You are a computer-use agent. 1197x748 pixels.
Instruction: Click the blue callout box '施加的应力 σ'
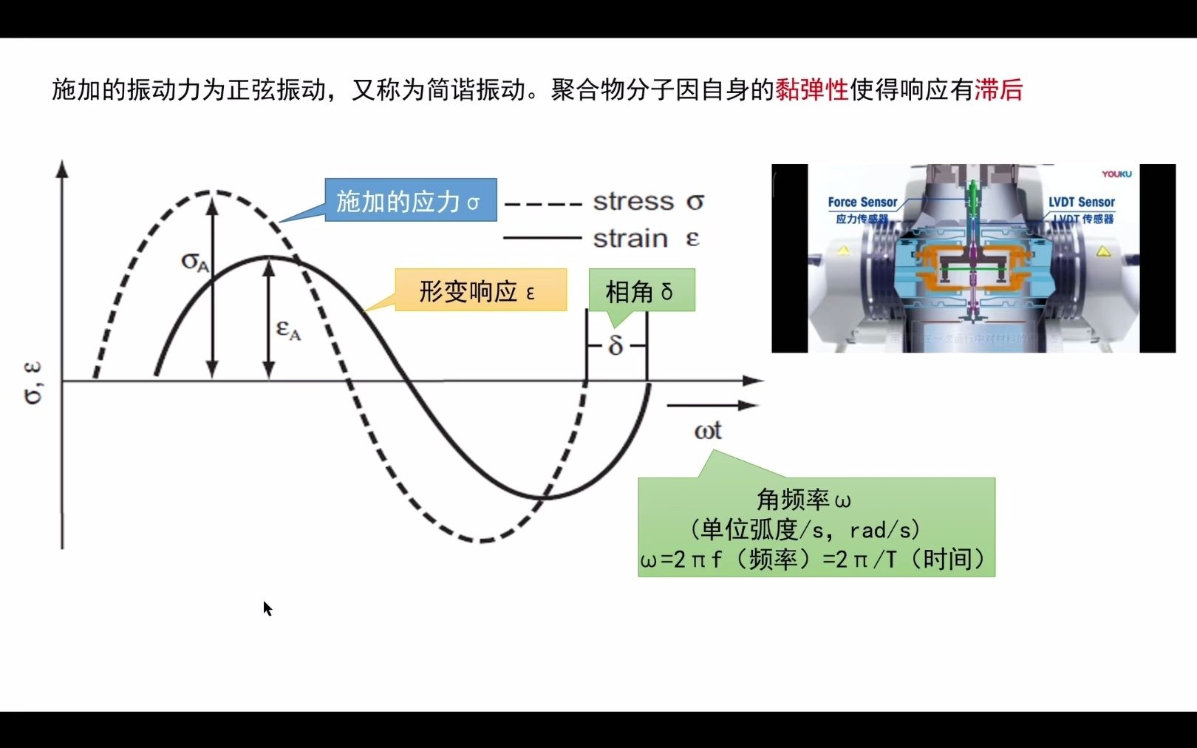[x=410, y=200]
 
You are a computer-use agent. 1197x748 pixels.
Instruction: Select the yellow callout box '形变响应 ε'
[x=480, y=290]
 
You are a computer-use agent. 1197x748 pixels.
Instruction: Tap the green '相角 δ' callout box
[x=641, y=290]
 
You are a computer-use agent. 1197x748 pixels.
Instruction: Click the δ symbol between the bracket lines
[x=615, y=345]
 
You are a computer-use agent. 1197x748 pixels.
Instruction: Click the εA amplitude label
[x=288, y=330]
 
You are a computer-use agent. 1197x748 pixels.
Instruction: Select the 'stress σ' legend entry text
[x=648, y=201]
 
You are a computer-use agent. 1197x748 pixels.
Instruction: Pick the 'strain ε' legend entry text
[x=645, y=239]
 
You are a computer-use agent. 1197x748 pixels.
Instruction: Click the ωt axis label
[x=707, y=431]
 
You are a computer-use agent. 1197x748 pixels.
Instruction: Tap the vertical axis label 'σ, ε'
[x=33, y=383]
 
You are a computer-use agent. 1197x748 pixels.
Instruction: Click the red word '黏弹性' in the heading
[x=811, y=90]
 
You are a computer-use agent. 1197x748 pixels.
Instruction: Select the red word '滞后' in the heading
[x=998, y=90]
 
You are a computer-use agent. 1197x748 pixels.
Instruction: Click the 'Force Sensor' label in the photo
[x=862, y=202]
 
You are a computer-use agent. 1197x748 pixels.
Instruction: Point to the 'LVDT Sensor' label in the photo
[x=1081, y=202]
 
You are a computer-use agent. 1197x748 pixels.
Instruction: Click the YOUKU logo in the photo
[x=1116, y=174]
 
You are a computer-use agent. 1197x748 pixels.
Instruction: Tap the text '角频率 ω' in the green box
[x=803, y=500]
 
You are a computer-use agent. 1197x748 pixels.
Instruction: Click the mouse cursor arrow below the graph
[x=267, y=608]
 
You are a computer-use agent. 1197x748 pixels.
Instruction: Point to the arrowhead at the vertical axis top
[x=63, y=169]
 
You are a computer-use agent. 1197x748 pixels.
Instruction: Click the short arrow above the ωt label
[x=712, y=405]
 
